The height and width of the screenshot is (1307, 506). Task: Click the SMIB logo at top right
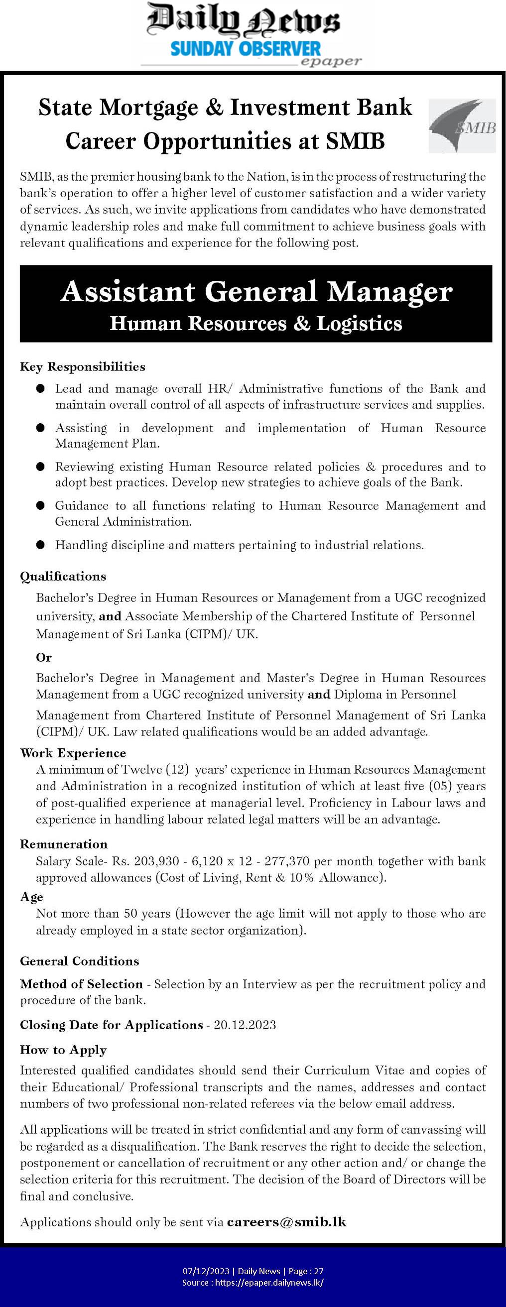coord(462,126)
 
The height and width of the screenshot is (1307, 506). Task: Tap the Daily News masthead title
coord(243,21)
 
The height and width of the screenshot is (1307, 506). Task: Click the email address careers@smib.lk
coord(287,1222)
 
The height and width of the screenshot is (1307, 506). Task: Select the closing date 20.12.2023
coord(245,1025)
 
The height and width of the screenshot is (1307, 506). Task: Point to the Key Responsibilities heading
coord(82,367)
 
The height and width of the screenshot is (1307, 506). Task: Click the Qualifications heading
coord(63,577)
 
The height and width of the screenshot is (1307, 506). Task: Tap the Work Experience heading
coord(73,753)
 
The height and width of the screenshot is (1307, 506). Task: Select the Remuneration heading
coord(64,844)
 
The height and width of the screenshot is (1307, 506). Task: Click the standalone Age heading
coord(31,897)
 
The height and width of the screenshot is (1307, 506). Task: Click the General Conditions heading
coord(79,961)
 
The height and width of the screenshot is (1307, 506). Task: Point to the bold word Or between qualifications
coord(44,658)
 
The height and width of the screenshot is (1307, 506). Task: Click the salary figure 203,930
coord(156,861)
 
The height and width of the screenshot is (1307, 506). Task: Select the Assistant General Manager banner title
coord(256,292)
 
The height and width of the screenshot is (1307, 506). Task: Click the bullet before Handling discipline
coord(41,545)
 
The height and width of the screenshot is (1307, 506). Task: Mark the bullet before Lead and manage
coord(41,389)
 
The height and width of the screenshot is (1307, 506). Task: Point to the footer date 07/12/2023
coord(206,1271)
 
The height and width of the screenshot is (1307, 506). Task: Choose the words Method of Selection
coord(81,984)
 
